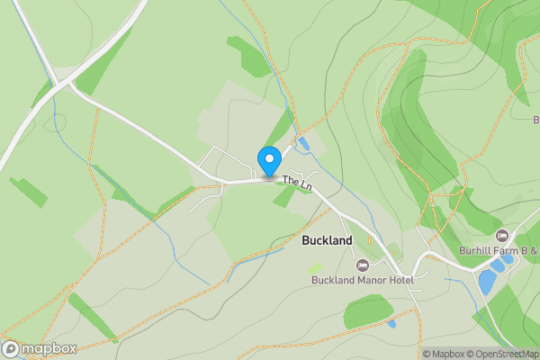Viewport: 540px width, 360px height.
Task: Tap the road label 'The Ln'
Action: (x=297, y=182)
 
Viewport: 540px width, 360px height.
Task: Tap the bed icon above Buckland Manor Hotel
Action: (x=363, y=265)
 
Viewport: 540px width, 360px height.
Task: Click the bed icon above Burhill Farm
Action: (x=501, y=236)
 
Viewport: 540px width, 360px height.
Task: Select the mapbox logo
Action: (x=40, y=348)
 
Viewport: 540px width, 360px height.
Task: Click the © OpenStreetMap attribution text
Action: (x=501, y=354)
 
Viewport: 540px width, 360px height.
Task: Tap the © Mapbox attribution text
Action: (x=443, y=354)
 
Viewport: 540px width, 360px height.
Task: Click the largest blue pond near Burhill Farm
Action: (x=487, y=282)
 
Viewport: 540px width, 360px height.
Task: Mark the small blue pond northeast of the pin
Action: (x=303, y=143)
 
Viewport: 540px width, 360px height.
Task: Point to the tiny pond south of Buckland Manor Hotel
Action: (x=391, y=323)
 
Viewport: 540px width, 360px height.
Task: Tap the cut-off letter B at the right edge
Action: (x=535, y=120)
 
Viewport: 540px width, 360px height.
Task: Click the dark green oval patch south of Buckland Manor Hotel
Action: (x=368, y=310)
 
